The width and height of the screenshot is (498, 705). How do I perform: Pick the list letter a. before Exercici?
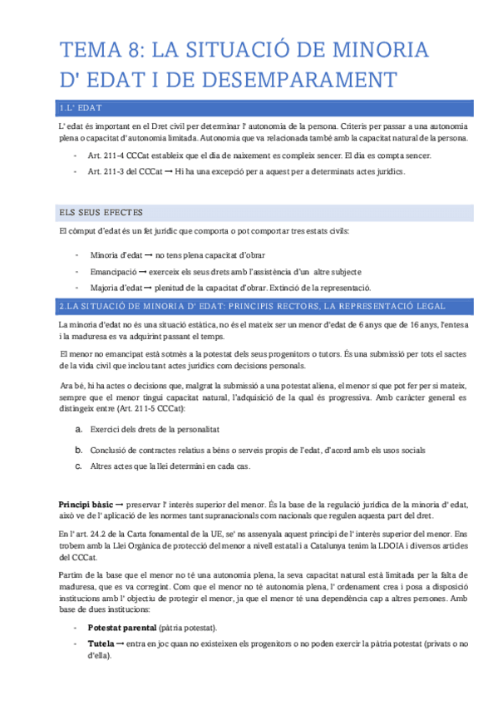point(78,429)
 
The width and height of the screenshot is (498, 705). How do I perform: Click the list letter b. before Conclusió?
point(78,449)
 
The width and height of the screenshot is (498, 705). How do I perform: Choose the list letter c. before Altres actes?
point(78,466)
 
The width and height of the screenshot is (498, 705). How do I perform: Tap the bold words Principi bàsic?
point(85,505)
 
